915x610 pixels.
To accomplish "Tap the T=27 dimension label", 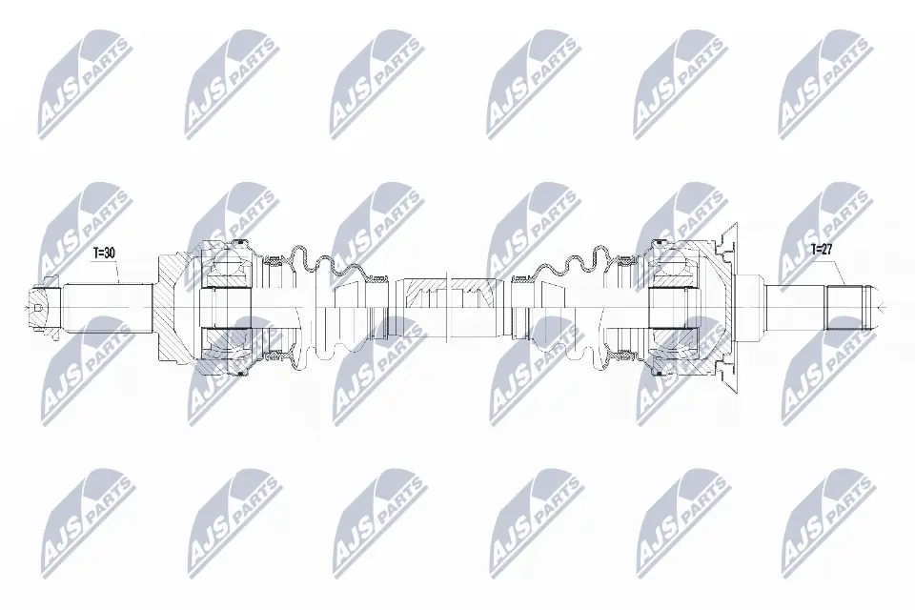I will pyautogui.click(x=822, y=250).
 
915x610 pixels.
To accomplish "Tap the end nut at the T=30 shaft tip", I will pyautogui.click(x=40, y=307).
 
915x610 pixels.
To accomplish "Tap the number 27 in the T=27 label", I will pyautogui.click(x=828, y=250).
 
